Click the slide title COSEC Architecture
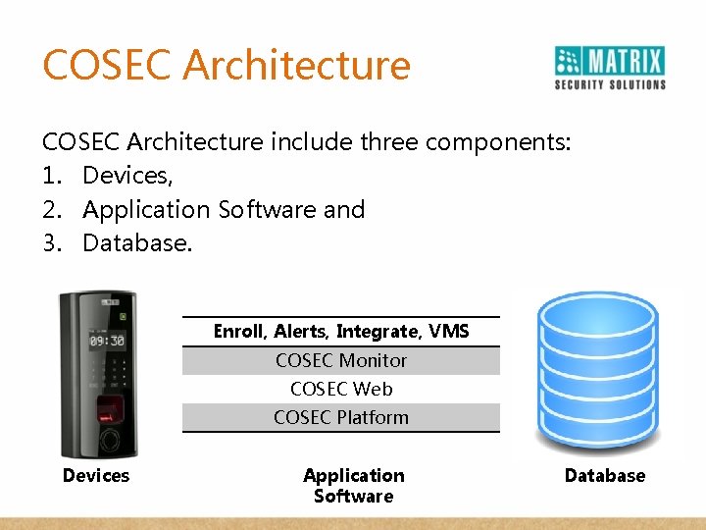point(227,65)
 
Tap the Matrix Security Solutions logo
point(609,68)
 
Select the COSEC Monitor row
point(341,360)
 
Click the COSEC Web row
point(341,389)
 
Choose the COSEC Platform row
point(341,417)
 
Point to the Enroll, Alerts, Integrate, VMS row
point(341,332)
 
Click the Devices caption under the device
point(96,476)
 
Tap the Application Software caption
point(354,486)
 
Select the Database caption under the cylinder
point(605,476)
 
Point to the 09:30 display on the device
point(107,341)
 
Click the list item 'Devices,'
point(127,176)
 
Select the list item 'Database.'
point(137,242)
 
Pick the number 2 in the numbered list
point(50,209)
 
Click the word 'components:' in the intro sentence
point(499,142)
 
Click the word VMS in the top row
point(449,332)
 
